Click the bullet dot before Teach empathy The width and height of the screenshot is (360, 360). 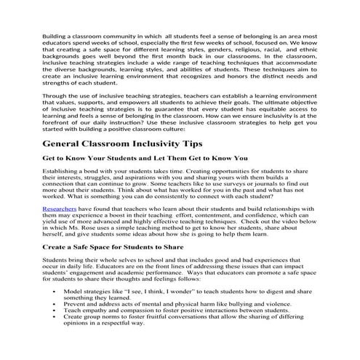point(55,329)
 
